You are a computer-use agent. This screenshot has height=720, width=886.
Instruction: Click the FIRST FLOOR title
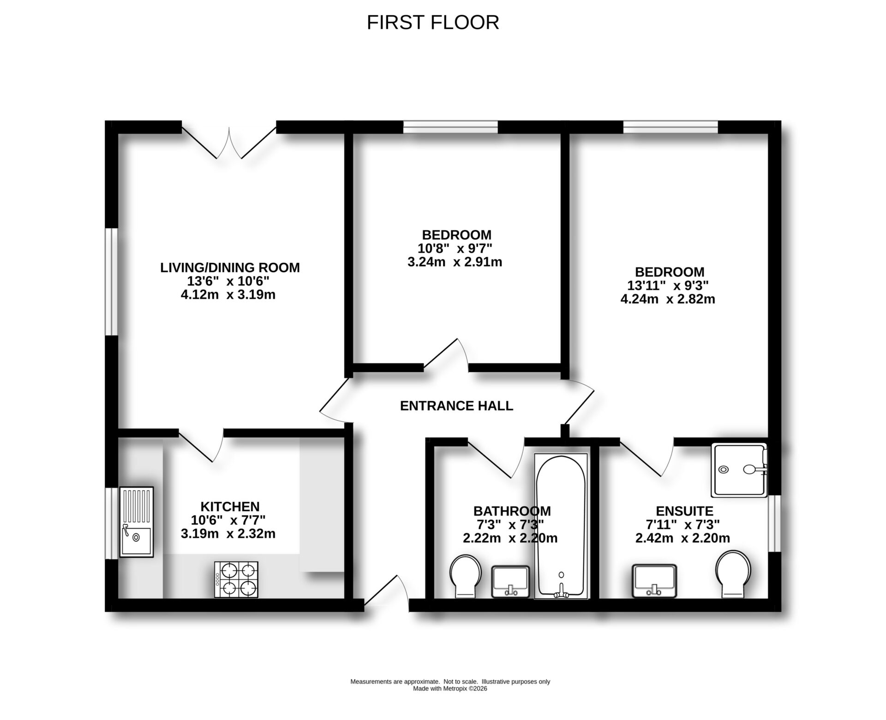click(432, 23)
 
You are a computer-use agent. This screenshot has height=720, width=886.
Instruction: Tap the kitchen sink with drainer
click(136, 522)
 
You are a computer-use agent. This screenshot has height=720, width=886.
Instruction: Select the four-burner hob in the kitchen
click(236, 579)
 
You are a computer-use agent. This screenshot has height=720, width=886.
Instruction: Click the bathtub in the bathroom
click(561, 526)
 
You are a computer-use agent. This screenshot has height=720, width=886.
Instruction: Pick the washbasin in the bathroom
click(510, 581)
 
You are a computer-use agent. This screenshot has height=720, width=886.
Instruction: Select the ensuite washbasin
click(655, 581)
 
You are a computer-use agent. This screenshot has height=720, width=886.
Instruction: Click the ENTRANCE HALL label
click(456, 406)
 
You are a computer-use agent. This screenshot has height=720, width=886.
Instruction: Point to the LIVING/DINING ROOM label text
click(230, 268)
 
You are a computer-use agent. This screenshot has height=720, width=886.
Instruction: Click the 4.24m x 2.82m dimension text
click(667, 299)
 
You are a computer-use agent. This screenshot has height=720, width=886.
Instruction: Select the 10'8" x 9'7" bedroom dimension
click(455, 249)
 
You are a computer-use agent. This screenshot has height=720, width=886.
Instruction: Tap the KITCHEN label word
click(230, 506)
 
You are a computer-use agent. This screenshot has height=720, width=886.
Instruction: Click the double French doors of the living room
click(229, 141)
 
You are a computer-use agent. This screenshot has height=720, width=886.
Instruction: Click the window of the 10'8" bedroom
click(450, 127)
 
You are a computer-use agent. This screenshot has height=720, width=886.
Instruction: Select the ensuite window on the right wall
click(775, 524)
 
